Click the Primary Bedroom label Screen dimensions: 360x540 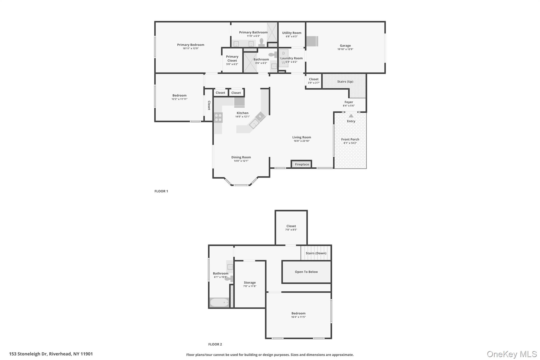click(190, 45)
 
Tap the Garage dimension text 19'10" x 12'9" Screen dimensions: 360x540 click(345, 49)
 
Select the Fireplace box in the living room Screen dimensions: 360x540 click(301, 164)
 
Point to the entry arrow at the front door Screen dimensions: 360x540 click(351, 116)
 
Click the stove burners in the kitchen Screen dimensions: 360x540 click(218, 118)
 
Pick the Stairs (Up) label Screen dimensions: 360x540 click(345, 81)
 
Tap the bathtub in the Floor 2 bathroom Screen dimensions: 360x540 click(219, 303)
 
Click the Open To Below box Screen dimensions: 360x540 click(306, 272)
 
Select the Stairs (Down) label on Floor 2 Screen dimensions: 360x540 click(316, 253)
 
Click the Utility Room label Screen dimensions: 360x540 click(292, 33)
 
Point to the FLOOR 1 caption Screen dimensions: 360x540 click(161, 191)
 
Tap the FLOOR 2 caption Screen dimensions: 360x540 click(215, 344)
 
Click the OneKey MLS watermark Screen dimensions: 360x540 click(512, 354)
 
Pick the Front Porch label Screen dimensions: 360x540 click(350, 140)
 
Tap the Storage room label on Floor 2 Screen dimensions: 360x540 click(250, 282)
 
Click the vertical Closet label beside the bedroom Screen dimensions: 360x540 click(209, 105)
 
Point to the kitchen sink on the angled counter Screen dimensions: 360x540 click(254, 123)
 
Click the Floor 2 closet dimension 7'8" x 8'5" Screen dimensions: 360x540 click(291, 230)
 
